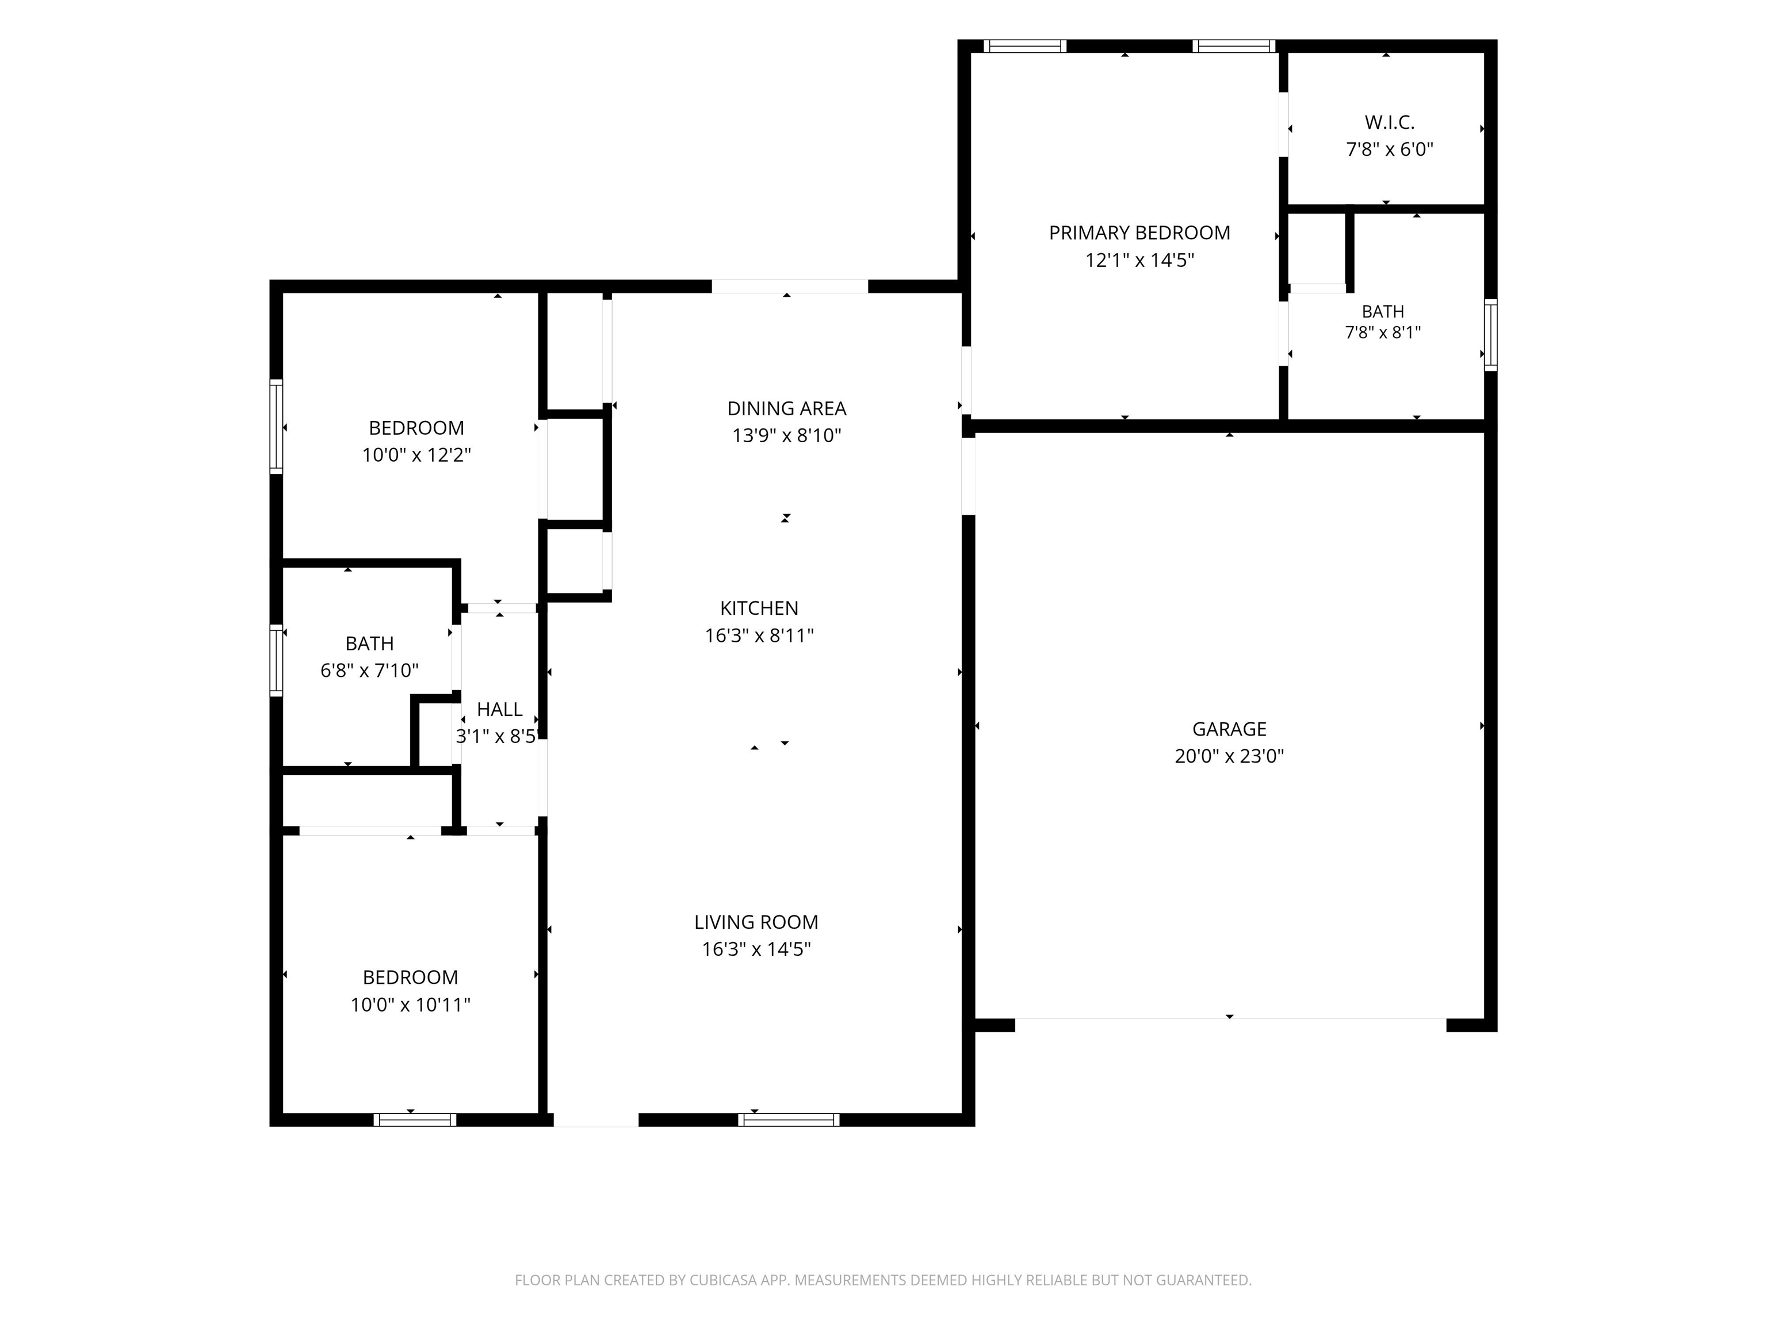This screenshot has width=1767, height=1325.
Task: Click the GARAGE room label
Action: click(1229, 729)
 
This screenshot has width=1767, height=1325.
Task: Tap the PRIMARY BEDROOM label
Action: click(1139, 233)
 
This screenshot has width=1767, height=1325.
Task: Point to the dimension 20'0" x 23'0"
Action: click(1229, 756)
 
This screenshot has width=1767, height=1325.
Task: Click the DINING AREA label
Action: click(786, 409)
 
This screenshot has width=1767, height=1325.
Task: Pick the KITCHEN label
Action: click(759, 608)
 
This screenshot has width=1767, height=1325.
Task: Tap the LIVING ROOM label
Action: click(756, 922)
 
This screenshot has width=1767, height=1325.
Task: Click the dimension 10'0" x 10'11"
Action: click(410, 1005)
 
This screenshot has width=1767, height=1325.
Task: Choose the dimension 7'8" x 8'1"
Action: click(1383, 333)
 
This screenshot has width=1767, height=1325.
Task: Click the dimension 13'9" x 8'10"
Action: click(786, 436)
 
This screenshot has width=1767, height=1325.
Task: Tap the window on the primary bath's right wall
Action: click(1490, 335)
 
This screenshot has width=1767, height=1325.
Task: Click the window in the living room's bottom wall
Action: click(789, 1120)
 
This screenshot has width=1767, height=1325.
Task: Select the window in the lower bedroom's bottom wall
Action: click(415, 1120)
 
